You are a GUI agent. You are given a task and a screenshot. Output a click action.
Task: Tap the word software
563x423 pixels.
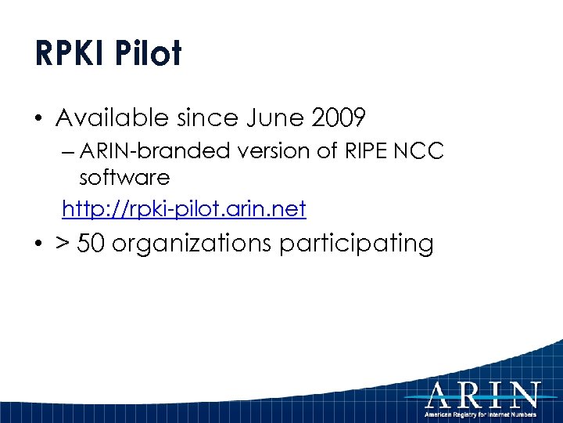pos(124,178)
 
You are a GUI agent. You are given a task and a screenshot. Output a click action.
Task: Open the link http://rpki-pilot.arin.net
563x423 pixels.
pos(184,208)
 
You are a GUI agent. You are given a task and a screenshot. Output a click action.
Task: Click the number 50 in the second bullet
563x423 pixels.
pos(91,244)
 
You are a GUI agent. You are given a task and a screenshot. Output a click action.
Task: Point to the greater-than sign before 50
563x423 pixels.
pos(63,244)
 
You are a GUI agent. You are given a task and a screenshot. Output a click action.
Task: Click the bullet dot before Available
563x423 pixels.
pos(39,120)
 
